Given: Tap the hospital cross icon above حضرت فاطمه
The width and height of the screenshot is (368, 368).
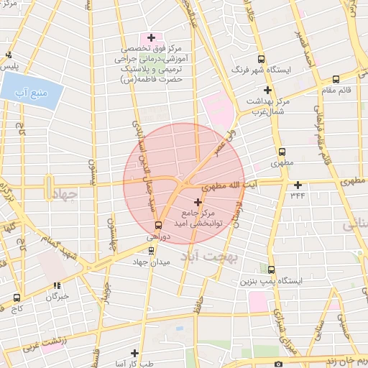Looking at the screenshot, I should pos(151,37).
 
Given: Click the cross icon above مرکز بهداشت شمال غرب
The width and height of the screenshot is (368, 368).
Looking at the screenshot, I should pos(267,91).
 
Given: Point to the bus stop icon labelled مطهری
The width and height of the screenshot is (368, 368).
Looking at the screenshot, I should pos(282,152).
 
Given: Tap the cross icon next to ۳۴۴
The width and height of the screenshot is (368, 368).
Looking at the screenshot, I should pos(298,185).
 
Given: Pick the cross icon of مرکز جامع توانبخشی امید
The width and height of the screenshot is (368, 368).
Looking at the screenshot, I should pos(198,203).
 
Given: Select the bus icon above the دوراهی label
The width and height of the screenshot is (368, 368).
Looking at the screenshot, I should pos(159,225).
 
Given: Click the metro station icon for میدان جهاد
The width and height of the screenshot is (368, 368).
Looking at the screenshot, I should pos(151,250).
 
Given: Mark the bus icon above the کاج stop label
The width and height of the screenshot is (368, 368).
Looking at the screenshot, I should pos(17,298).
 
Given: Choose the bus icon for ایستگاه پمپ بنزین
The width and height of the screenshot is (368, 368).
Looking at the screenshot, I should pos(271,270).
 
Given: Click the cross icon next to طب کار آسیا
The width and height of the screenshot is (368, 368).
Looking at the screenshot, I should pos(134,353).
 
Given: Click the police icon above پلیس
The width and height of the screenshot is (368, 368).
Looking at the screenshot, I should pos(9,55).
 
